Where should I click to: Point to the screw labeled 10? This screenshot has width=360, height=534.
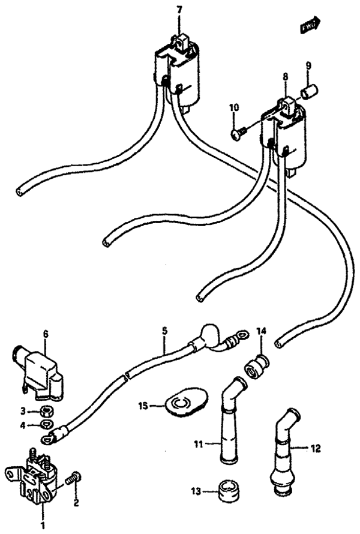236,131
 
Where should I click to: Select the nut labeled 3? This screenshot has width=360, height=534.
47,412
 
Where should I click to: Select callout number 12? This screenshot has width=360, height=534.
317,447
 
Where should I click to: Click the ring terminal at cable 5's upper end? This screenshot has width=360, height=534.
241,332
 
